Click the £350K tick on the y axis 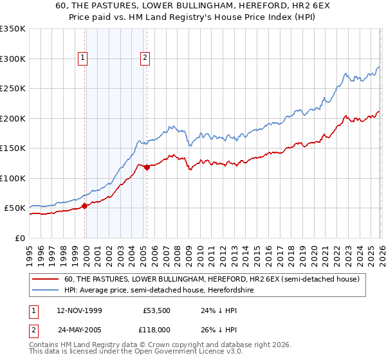[x=13, y=29]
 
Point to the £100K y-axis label [x=13, y=178]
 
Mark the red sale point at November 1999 [x=85, y=206]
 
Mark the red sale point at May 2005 [x=147, y=168]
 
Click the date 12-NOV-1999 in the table [x=80, y=309]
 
